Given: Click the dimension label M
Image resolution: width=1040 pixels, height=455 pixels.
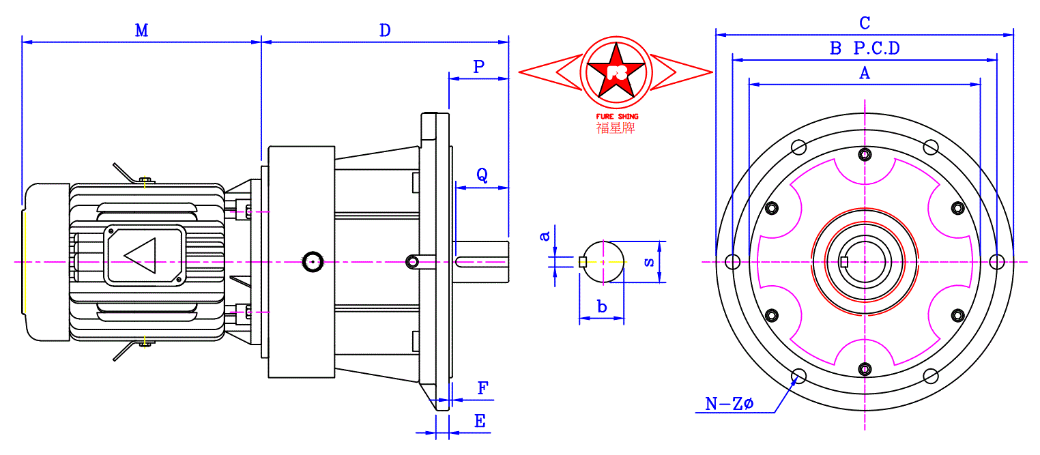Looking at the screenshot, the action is (x=142, y=31).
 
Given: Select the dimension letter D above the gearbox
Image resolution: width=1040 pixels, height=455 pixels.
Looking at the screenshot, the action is (x=385, y=31).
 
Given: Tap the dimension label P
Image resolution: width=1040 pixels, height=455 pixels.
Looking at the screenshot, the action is (x=478, y=67).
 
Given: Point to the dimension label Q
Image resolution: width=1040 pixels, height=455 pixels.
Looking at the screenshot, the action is (x=482, y=175).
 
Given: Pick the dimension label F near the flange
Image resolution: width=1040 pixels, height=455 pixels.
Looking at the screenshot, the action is (x=483, y=388).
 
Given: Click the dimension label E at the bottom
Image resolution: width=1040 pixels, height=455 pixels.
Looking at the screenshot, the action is (x=480, y=421).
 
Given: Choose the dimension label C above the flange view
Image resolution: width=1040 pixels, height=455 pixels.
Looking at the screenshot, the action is (x=865, y=23).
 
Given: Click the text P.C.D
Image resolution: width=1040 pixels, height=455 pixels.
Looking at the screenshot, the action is (x=877, y=48).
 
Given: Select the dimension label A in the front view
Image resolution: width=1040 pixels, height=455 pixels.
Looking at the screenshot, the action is (x=865, y=74).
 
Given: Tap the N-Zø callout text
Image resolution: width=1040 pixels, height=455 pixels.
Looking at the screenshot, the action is (x=729, y=403).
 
